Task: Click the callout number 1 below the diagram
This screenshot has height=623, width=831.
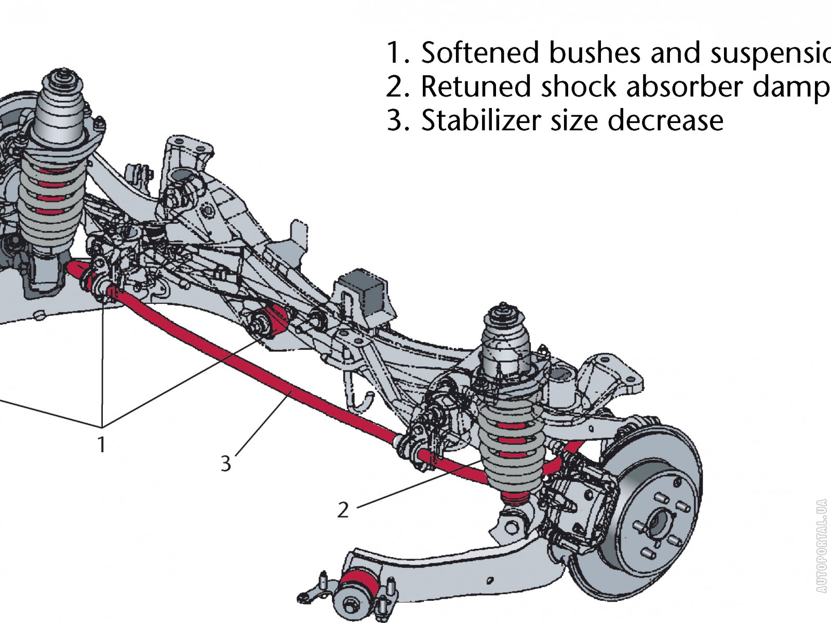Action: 102,444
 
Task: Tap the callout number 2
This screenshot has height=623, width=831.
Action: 343,510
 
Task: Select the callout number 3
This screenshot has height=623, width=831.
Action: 225,463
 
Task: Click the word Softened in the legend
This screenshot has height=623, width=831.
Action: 479,53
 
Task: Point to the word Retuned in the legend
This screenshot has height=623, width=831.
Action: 476,87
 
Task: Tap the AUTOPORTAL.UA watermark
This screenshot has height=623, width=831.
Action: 821,546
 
